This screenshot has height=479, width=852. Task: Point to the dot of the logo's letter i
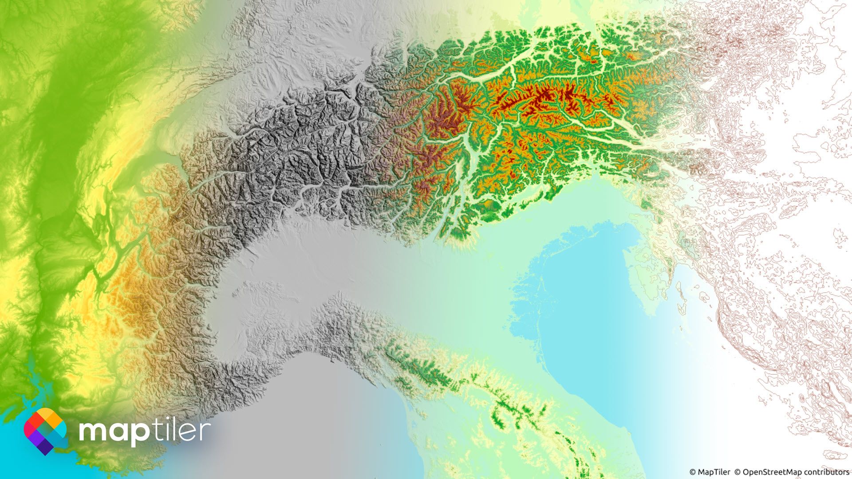pos(174,420)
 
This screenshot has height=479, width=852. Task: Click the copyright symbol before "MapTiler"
pos(693,472)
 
